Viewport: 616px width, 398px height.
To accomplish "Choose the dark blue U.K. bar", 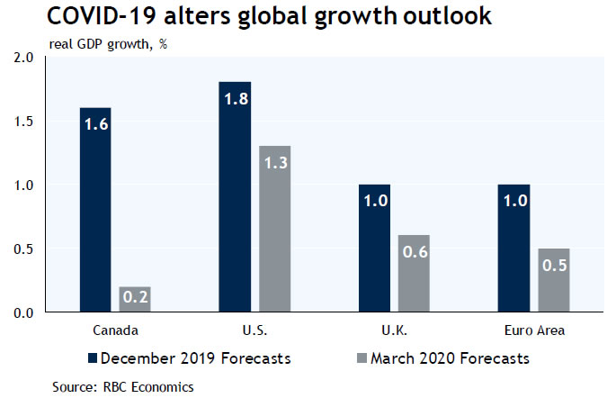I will pos(373,249).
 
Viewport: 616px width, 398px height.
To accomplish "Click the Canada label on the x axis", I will pos(114,330).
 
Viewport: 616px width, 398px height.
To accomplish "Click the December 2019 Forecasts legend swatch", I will pos(92,358).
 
